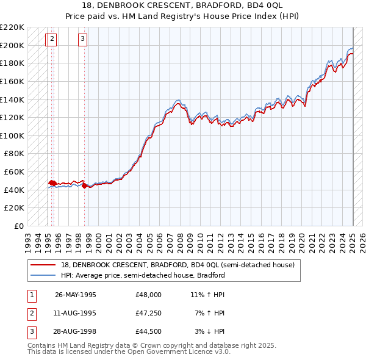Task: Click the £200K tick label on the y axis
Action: pos(13,45)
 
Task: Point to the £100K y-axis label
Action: pos(13,135)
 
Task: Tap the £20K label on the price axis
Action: pos(15,208)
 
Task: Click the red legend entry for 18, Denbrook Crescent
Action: pos(178,265)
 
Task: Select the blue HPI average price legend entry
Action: pos(143,275)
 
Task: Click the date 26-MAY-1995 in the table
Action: pos(76,295)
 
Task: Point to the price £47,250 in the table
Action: pos(149,313)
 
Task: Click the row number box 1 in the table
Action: pos(31,295)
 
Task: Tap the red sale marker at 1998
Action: pos(84,185)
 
